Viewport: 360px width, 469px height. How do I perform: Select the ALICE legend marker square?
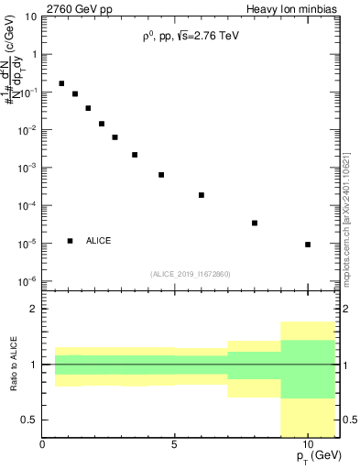[x=71, y=241]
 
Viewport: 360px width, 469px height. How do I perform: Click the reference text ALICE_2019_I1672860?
[x=191, y=274]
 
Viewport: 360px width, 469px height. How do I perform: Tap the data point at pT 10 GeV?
[x=308, y=245]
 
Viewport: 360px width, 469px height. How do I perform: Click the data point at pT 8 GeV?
[x=255, y=223]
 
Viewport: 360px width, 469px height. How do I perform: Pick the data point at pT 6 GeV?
[x=202, y=195]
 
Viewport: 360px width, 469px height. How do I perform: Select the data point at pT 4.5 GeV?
[x=161, y=175]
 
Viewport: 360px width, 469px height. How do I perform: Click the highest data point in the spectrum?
[x=61, y=83]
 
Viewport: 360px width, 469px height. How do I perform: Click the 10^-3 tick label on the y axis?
[x=27, y=169]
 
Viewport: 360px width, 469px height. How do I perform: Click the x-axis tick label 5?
[x=175, y=444]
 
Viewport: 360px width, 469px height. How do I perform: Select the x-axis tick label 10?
[x=308, y=444]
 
